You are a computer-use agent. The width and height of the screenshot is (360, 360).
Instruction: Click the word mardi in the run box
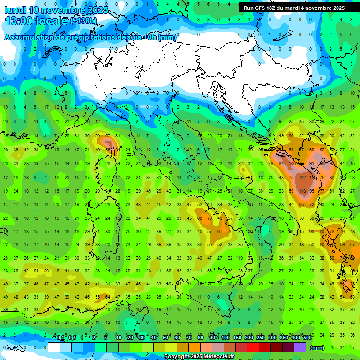(x=293, y=7)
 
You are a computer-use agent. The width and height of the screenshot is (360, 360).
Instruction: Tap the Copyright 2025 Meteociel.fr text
(x=199, y=357)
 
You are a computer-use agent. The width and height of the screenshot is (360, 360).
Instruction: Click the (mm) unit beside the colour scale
(x=317, y=348)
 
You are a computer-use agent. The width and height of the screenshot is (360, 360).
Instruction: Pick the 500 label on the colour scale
(x=307, y=337)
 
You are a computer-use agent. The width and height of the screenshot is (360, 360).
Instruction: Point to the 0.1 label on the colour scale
(x=60, y=337)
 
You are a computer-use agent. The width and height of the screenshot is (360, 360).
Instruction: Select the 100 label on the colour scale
(x=225, y=337)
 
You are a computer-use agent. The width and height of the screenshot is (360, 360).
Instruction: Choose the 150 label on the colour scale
(x=237, y=337)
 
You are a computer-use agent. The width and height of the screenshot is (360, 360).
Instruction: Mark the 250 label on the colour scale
(x=261, y=337)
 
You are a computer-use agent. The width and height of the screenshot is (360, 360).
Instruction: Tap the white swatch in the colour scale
(x=54, y=347)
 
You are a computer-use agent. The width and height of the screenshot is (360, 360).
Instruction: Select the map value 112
(x=302, y=178)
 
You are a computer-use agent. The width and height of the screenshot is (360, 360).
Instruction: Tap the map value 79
(x=210, y=218)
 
